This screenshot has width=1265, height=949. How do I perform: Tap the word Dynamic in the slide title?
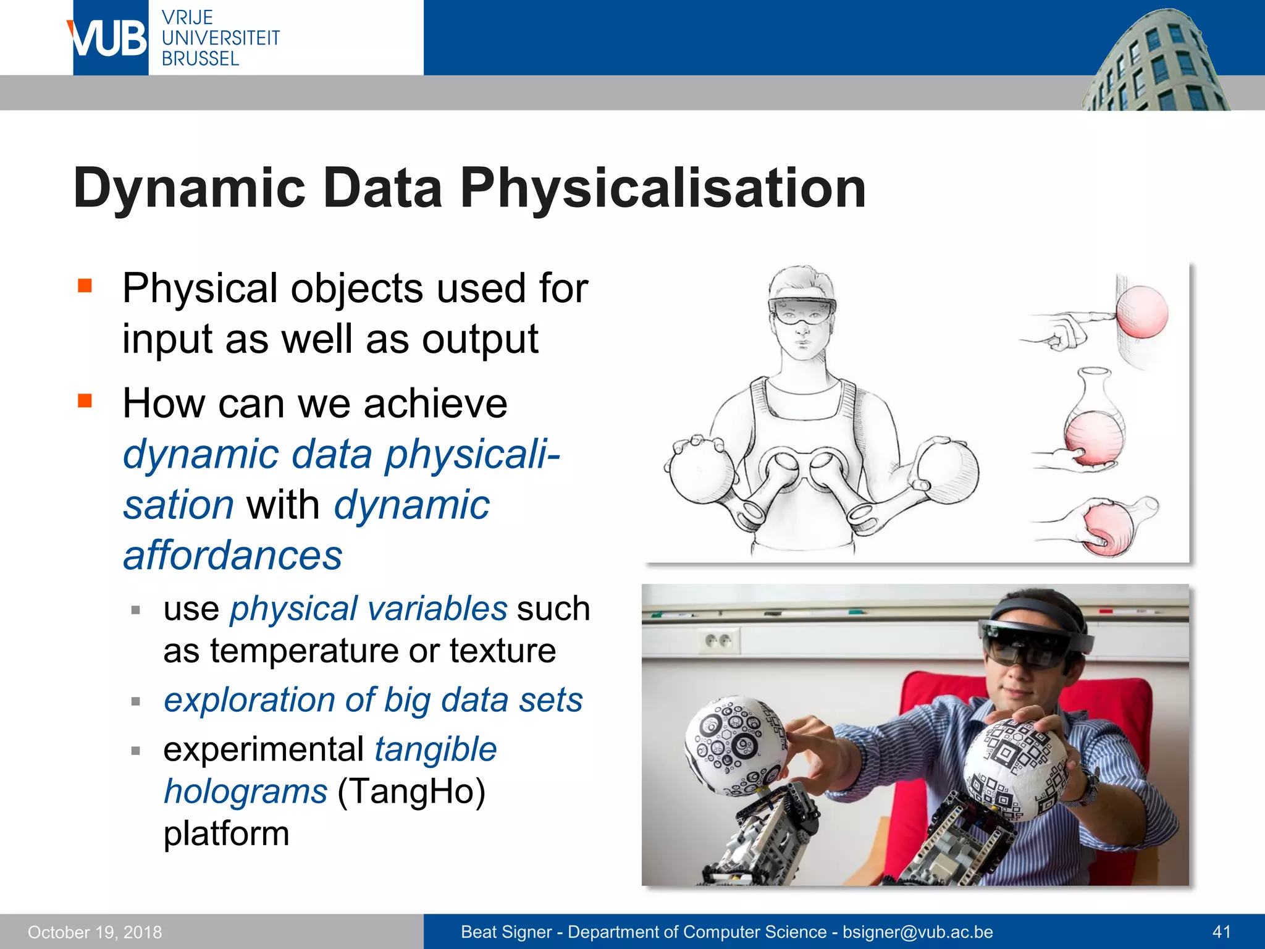pyautogui.click(x=189, y=188)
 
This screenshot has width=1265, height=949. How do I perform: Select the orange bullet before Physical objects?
pyautogui.click(x=85, y=285)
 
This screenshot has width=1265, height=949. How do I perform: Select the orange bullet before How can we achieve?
pyautogui.click(x=85, y=401)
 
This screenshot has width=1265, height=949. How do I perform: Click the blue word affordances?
pyautogui.click(x=232, y=555)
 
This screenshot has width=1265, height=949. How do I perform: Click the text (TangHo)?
pyautogui.click(x=411, y=791)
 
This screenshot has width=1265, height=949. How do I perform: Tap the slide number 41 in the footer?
pyautogui.click(x=1221, y=932)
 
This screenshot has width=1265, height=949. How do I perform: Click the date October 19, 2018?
pyautogui.click(x=95, y=932)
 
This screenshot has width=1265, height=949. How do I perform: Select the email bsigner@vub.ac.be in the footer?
pyautogui.click(x=917, y=932)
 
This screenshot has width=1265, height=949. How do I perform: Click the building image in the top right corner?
pyautogui.click(x=1155, y=62)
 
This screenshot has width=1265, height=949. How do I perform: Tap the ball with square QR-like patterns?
pyautogui.click(x=1016, y=769)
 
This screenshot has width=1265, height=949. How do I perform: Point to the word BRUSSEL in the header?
pyautogui.click(x=200, y=59)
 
